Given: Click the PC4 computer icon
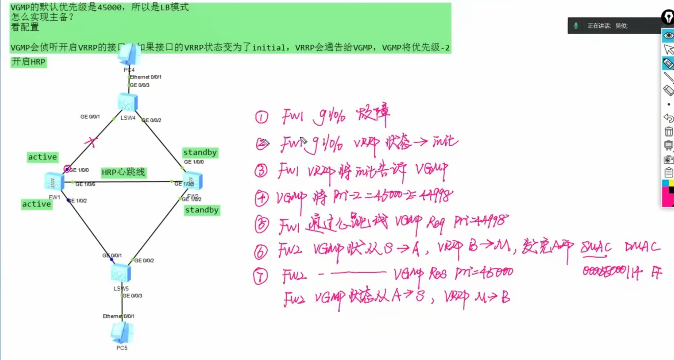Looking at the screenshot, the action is [129, 55].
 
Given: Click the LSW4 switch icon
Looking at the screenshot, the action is [128, 102].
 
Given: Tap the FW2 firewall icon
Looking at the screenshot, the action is [193, 181].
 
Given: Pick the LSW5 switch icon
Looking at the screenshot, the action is [121, 273].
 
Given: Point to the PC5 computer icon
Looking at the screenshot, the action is [122, 333].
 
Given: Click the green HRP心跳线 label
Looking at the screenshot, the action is [123, 172].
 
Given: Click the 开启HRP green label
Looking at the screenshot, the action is [28, 62].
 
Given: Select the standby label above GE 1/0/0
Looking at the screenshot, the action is [200, 152].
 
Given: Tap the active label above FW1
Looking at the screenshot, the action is [43, 157].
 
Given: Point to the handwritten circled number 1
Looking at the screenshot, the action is [261, 117].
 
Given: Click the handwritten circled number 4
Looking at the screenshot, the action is [261, 198].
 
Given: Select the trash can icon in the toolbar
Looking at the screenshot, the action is [669, 131].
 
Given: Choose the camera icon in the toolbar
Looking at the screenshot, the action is [669, 159].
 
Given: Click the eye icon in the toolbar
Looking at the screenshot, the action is [668, 35].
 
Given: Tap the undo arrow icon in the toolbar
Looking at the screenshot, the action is [669, 118].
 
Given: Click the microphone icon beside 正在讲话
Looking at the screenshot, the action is [576, 26].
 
